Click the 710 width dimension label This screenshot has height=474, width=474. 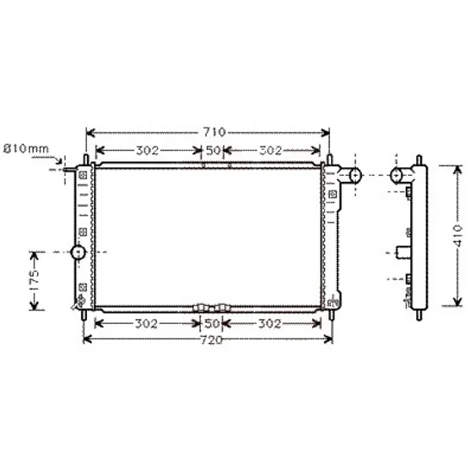214,132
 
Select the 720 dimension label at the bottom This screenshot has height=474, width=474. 211,340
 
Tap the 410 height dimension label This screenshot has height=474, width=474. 458,236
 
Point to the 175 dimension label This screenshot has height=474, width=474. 34,280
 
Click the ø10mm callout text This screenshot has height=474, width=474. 26,149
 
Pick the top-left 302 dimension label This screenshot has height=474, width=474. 147,150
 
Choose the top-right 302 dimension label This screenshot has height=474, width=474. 271,150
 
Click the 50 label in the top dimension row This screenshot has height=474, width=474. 214,150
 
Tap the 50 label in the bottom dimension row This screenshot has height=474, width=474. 212,324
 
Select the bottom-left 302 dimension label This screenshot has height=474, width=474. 146,324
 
